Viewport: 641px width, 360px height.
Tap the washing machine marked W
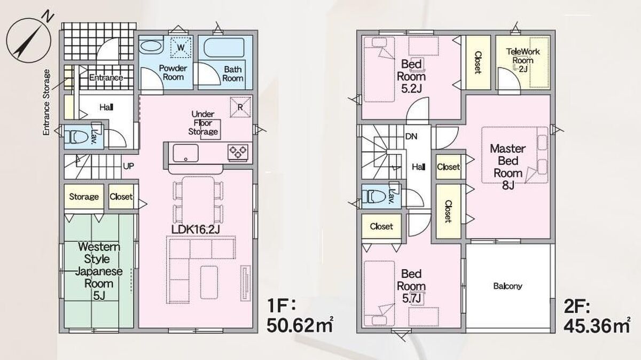click(181, 46)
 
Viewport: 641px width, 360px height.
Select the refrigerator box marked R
click(240, 107)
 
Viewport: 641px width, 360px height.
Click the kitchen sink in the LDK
click(185, 153)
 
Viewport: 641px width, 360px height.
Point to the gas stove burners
click(238, 152)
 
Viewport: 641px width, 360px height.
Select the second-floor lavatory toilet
click(374, 197)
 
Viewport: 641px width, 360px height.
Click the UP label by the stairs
click(128, 166)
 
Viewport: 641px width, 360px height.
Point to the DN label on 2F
click(411, 137)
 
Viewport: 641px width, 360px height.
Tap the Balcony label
click(507, 286)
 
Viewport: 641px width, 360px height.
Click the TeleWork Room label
click(523, 56)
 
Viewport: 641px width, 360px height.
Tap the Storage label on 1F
click(83, 197)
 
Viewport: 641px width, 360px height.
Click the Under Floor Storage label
click(203, 123)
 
